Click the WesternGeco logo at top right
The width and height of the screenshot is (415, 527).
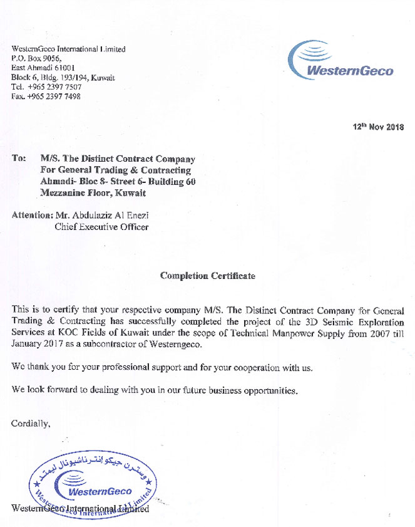click(x=341, y=61)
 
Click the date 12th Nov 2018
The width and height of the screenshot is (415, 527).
click(x=378, y=127)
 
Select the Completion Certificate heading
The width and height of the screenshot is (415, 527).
click(x=207, y=276)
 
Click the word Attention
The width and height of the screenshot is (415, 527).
click(x=31, y=215)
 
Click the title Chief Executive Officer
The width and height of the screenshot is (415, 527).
click(x=101, y=227)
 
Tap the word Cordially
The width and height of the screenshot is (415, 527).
click(x=31, y=424)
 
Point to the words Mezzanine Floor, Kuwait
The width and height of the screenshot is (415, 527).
click(x=93, y=193)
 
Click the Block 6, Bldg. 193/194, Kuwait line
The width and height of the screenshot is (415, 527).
click(x=63, y=78)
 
